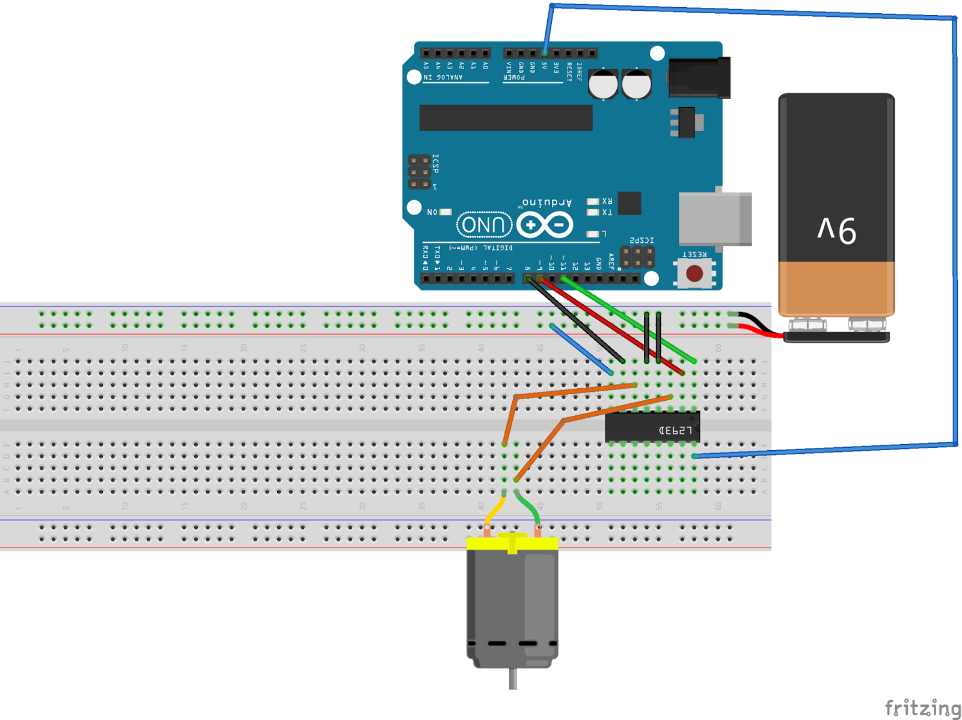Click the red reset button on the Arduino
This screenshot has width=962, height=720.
tap(694, 273)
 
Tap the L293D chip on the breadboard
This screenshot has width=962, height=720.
tap(652, 429)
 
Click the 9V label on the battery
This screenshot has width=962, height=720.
tap(836, 230)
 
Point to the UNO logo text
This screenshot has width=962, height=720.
tap(484, 225)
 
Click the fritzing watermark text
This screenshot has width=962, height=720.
tap(922, 707)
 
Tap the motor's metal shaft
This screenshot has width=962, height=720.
tap(513, 679)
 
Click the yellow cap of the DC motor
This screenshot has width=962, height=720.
tap(512, 544)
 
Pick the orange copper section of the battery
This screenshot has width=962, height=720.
tap(836, 288)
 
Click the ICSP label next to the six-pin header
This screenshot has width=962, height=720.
tap(435, 163)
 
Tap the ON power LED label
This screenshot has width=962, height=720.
tap(432, 212)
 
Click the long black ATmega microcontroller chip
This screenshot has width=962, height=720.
tap(506, 118)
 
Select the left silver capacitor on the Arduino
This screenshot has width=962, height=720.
tap(603, 84)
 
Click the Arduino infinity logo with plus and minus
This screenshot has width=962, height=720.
tap(545, 225)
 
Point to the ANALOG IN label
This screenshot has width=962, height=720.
tap(443, 78)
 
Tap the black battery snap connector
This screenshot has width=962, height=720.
tap(836, 337)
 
